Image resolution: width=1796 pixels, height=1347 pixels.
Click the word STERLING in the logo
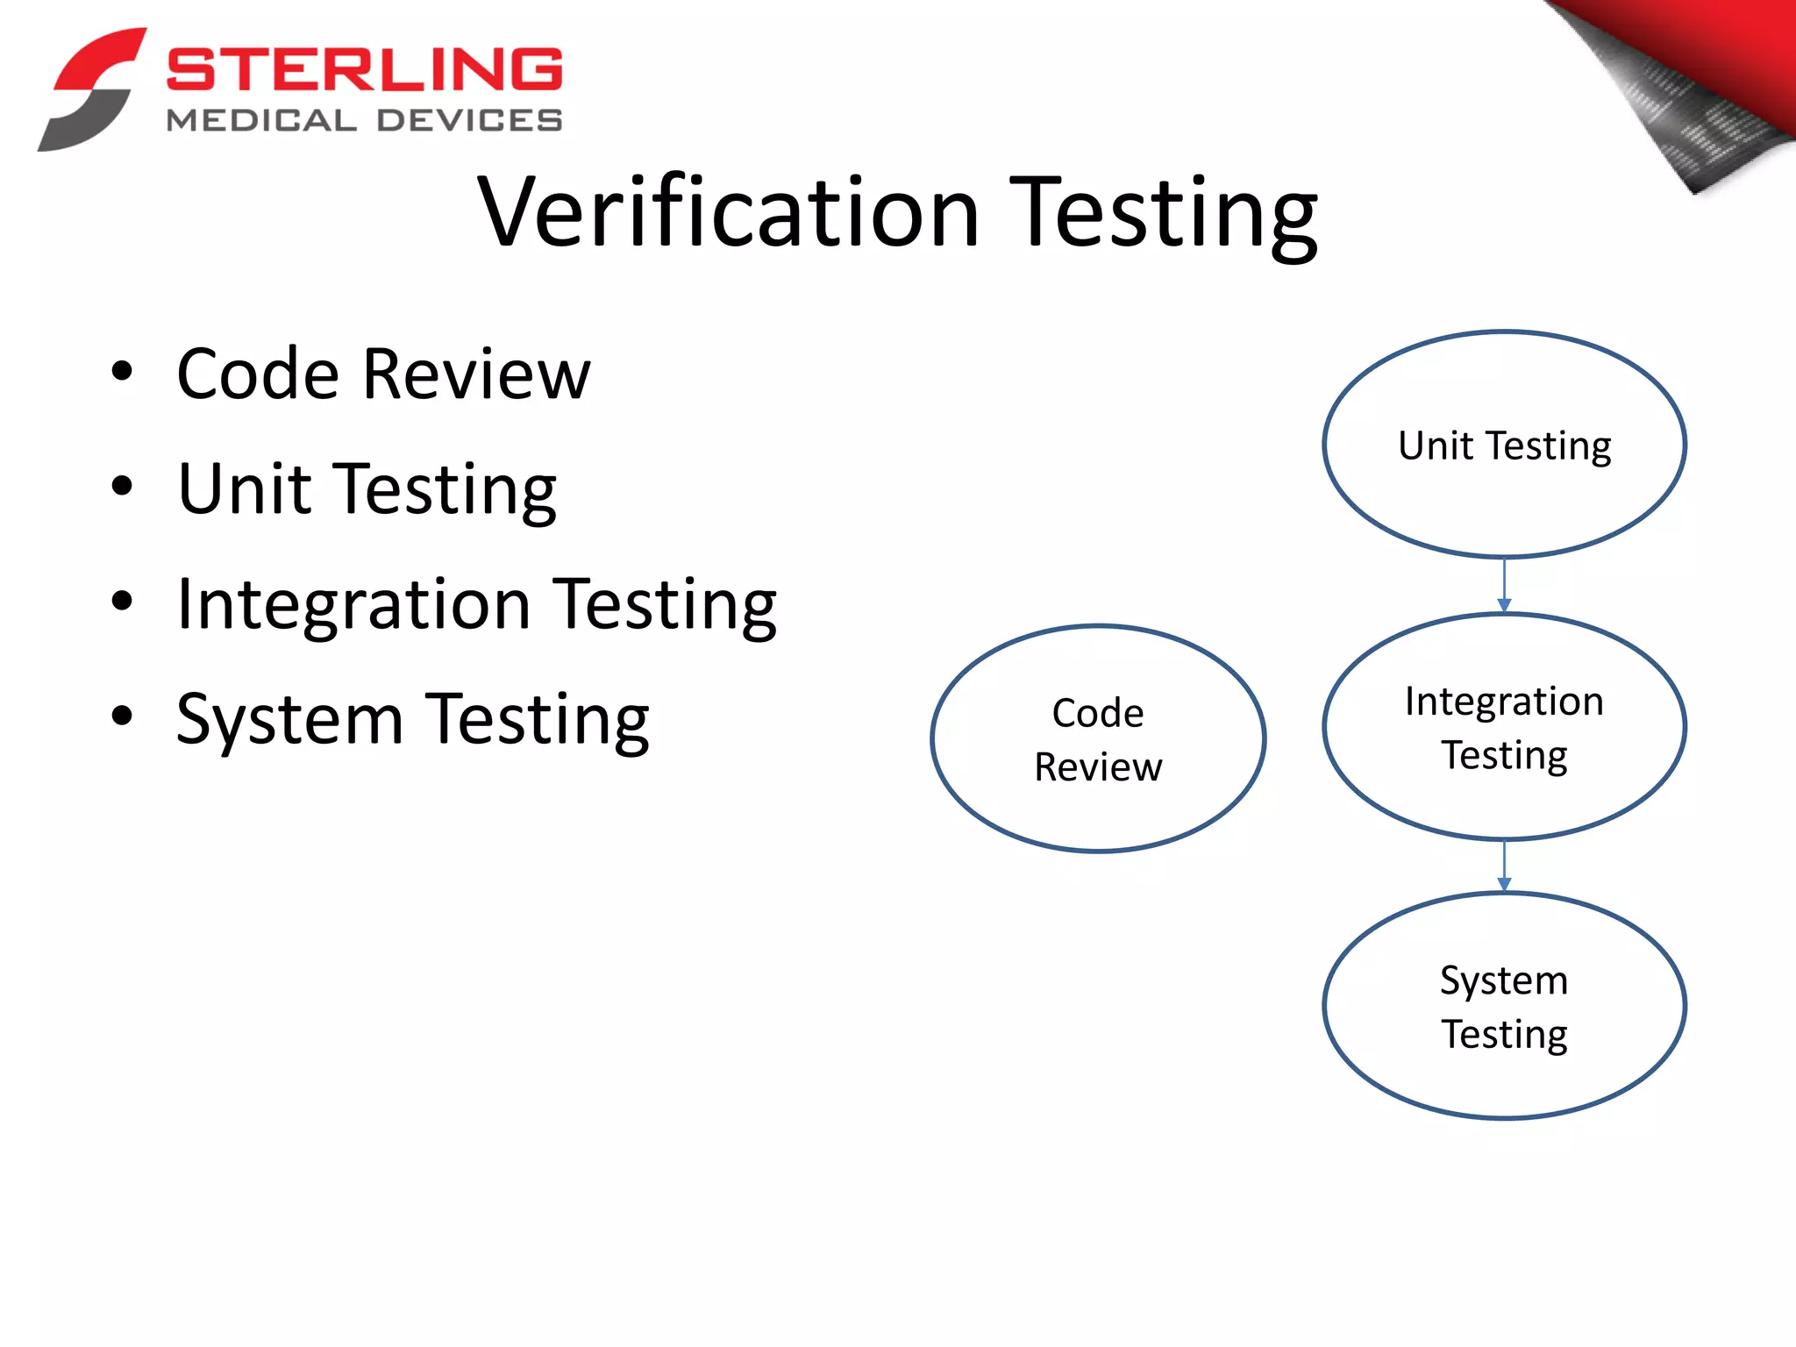[364, 69]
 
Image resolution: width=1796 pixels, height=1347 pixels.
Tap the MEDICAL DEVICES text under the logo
[364, 120]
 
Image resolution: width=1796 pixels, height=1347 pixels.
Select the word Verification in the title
[728, 213]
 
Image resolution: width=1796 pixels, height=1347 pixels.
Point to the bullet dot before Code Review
[123, 371]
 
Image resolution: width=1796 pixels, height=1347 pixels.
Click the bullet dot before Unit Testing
[123, 486]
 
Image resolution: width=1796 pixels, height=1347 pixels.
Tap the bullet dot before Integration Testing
[123, 602]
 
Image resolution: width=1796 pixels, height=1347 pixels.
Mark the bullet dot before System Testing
[123, 716]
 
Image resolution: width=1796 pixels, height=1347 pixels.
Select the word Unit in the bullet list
[245, 488]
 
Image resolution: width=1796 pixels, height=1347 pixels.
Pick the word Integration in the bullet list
[353, 604]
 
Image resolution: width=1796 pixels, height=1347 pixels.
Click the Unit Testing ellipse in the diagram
[1504, 445]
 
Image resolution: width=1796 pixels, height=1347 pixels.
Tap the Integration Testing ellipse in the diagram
[1504, 727]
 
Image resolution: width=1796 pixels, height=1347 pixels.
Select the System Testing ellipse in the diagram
[1504, 1006]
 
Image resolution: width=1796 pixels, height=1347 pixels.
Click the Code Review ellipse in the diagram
[1098, 738]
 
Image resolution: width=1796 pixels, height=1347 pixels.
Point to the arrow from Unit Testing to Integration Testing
[1504, 586]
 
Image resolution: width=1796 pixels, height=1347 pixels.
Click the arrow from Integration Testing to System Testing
[1504, 866]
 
